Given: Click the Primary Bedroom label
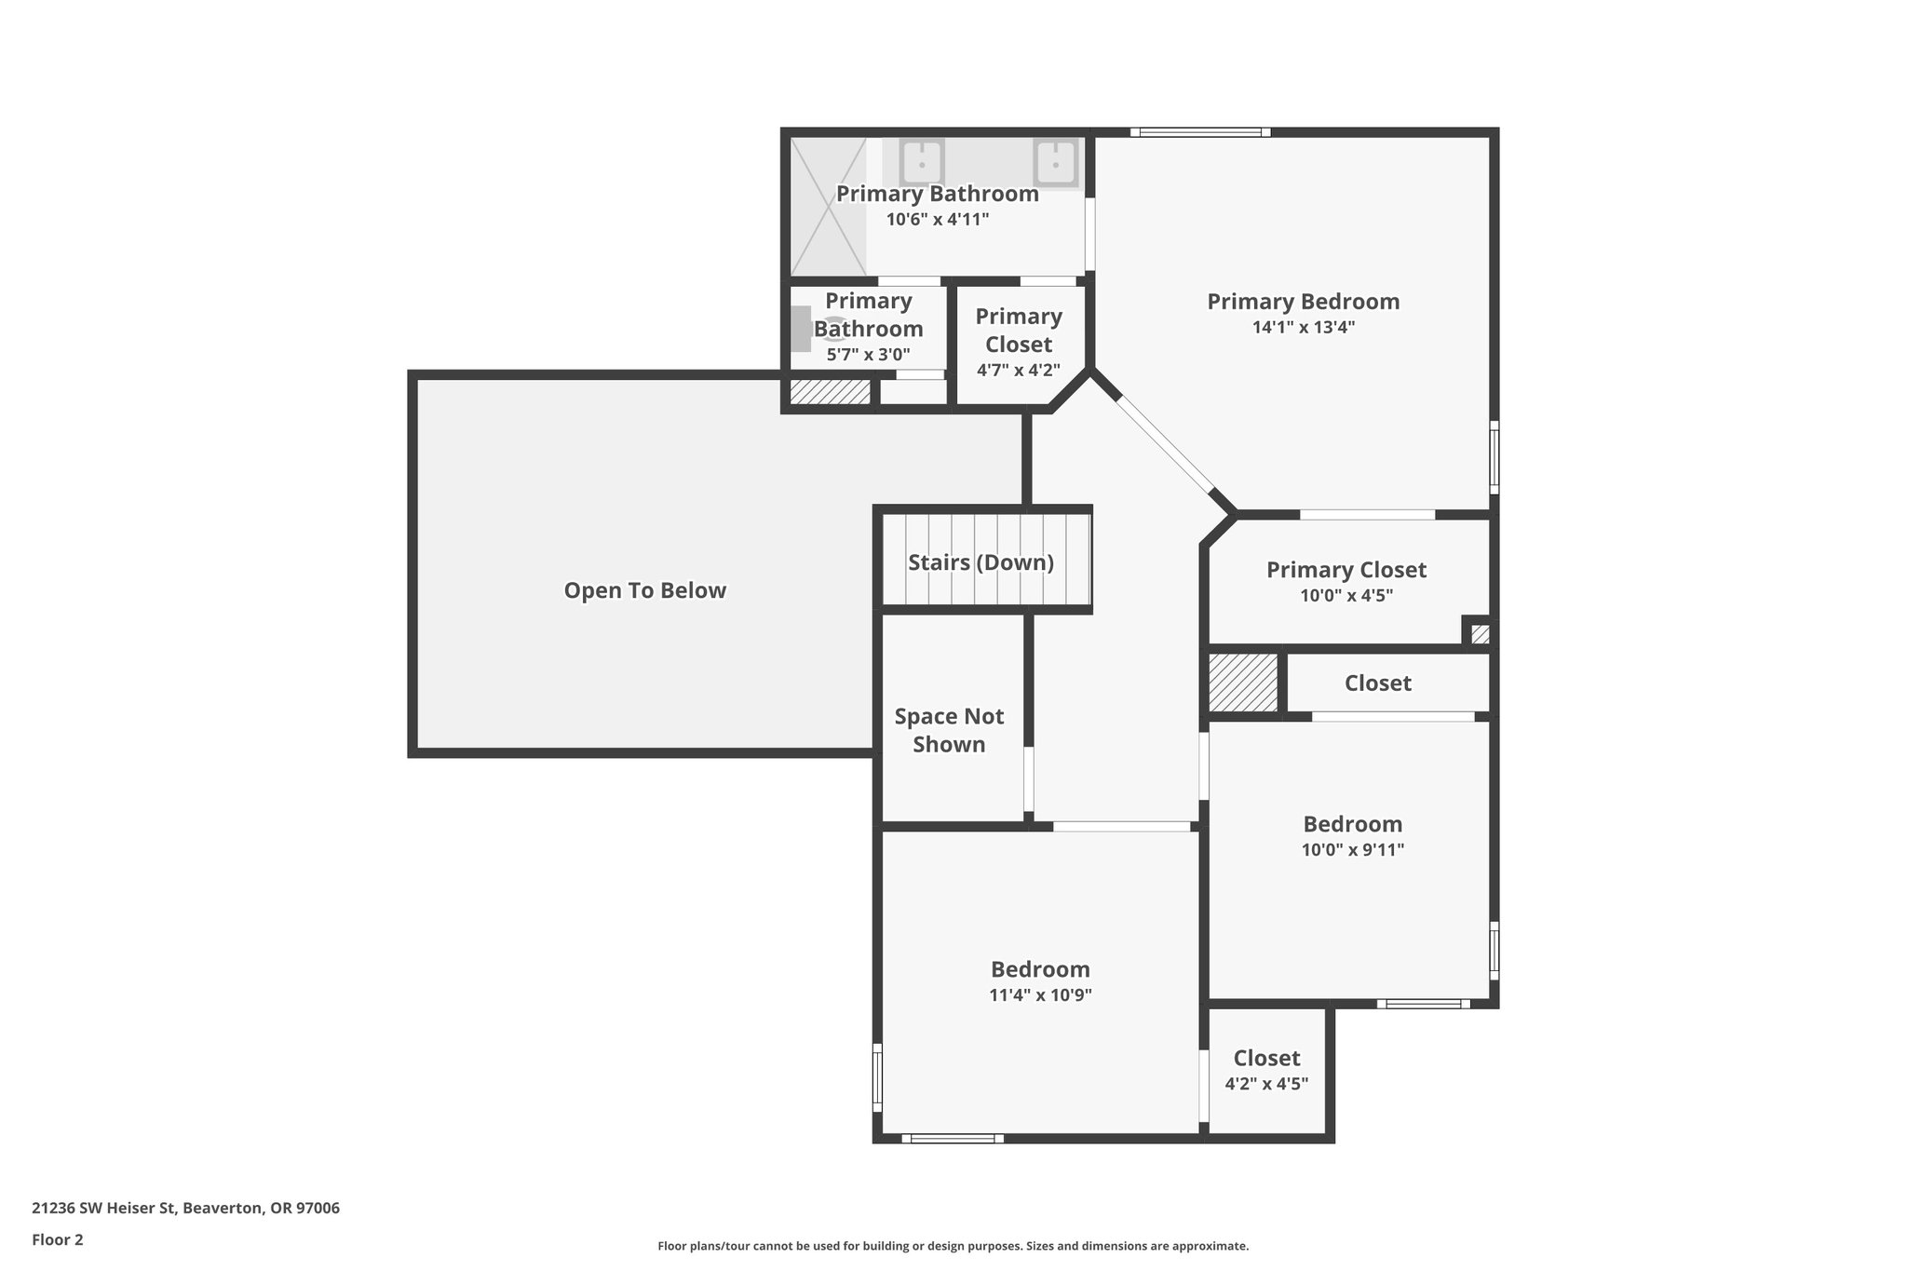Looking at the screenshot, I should (1303, 302).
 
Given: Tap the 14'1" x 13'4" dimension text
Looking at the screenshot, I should (1303, 328).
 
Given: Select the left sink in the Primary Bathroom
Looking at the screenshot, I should (922, 162).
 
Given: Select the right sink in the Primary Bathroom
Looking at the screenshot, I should (1056, 162).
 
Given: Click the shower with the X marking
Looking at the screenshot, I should (828, 207).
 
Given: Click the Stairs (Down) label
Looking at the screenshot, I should (981, 562).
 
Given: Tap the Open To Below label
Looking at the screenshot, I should (644, 590).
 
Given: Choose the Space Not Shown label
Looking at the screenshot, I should (949, 730).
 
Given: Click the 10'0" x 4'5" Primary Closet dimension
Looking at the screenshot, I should (1346, 596).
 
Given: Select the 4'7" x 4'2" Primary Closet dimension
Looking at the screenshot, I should (1018, 371).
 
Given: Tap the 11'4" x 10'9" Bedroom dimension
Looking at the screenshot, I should (1040, 994).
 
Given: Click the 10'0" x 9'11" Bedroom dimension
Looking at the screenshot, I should (1352, 849).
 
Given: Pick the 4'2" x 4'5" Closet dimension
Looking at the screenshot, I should (1266, 1084).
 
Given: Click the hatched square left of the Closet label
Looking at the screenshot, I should (1243, 683).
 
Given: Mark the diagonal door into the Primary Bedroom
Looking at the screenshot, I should (1165, 443).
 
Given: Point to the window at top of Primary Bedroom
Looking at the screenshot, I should (1200, 132).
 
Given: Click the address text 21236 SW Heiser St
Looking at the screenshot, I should (185, 1209).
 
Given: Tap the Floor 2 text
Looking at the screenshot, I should (58, 1239).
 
